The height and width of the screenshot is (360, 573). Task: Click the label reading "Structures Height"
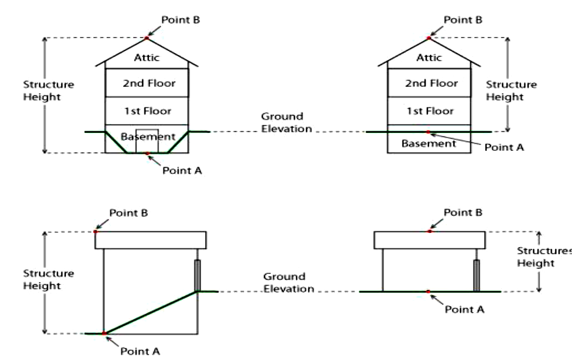[543, 257]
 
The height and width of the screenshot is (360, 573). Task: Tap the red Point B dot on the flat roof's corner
[95, 232]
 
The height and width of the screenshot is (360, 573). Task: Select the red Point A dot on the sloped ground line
[104, 333]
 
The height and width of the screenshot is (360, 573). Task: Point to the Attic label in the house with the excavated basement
[146, 57]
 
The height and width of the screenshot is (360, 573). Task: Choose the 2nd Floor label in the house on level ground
[429, 83]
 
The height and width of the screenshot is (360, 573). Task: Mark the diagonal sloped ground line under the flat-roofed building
[150, 313]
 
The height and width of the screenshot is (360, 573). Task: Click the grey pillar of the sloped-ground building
[198, 276]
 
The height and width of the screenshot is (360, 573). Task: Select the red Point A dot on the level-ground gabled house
[428, 132]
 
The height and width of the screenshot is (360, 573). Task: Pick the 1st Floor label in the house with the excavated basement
[147, 110]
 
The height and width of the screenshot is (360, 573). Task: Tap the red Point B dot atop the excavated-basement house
[147, 38]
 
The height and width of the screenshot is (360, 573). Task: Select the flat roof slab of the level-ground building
[429, 239]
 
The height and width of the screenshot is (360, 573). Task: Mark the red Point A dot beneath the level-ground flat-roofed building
[428, 291]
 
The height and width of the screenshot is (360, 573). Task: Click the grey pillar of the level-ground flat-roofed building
[477, 276]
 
